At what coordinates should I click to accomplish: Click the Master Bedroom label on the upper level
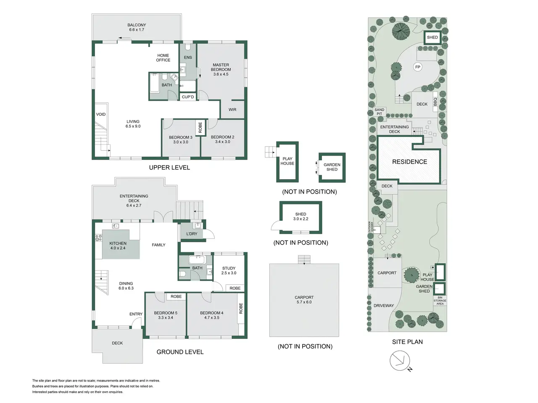pyautogui.click(x=221, y=67)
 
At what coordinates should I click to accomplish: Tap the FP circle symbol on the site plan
pyautogui.click(x=418, y=67)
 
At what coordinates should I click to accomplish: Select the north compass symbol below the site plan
pyautogui.click(x=400, y=361)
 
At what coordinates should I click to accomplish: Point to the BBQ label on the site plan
pyautogui.click(x=435, y=102)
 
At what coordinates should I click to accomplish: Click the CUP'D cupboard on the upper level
pyautogui.click(x=188, y=97)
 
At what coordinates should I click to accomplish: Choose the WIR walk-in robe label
pyautogui.click(x=232, y=110)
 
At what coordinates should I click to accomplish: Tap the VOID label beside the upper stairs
pyautogui.click(x=101, y=114)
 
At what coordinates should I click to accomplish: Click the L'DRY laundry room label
pyautogui.click(x=192, y=234)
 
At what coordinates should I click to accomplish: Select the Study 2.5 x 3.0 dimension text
pyautogui.click(x=229, y=273)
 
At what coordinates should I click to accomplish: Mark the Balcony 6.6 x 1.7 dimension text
pyautogui.click(x=137, y=30)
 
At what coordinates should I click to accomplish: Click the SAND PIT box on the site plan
pyautogui.click(x=380, y=112)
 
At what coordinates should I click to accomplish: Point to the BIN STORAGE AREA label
pyautogui.click(x=440, y=301)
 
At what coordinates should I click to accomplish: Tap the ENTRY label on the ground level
pyautogui.click(x=136, y=314)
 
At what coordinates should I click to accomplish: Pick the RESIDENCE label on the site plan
pyautogui.click(x=409, y=162)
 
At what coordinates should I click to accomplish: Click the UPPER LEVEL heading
pyautogui.click(x=169, y=167)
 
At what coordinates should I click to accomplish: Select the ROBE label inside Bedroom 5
pyautogui.click(x=176, y=296)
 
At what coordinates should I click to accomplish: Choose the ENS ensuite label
pyautogui.click(x=188, y=57)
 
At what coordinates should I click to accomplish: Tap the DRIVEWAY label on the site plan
pyautogui.click(x=384, y=305)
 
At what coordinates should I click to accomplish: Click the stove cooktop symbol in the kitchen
pyautogui.click(x=98, y=238)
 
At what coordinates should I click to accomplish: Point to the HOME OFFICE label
pyautogui.click(x=163, y=58)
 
